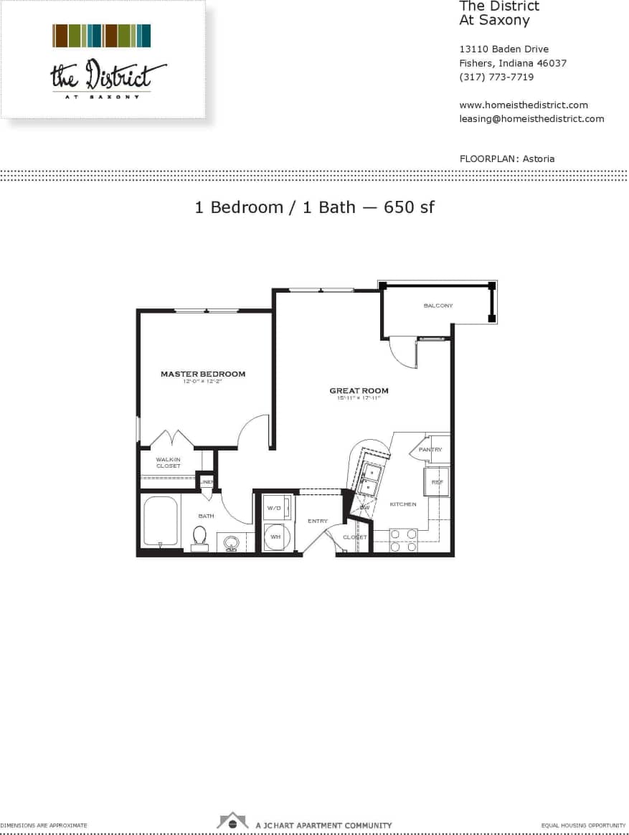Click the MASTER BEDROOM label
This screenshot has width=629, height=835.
click(203, 374)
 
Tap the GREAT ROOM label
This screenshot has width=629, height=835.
click(359, 391)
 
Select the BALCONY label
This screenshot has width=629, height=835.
click(438, 306)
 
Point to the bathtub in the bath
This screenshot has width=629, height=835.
click(159, 522)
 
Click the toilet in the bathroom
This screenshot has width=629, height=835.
click(199, 537)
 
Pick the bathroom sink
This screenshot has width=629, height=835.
click(231, 542)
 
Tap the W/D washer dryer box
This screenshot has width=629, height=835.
click(275, 508)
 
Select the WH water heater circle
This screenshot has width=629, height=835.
click(275, 536)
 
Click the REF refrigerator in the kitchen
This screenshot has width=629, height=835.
click(437, 482)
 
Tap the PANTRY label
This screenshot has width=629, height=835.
click(430, 450)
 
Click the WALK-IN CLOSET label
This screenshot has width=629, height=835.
click(169, 462)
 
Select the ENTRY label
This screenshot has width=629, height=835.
click(318, 521)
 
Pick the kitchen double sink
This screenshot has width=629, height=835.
click(371, 478)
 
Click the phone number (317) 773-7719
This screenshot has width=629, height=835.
click(496, 77)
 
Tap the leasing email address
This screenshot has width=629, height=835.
click(531, 118)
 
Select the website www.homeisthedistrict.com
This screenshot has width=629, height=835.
click(523, 105)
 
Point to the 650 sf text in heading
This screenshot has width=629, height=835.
click(409, 207)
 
